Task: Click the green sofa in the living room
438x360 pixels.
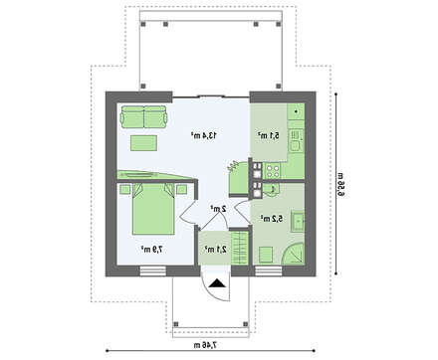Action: coord(145,118)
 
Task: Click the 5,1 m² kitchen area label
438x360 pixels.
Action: coord(266,134)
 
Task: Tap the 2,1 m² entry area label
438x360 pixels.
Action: coord(212,250)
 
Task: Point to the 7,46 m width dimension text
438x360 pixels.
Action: coord(209,344)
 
